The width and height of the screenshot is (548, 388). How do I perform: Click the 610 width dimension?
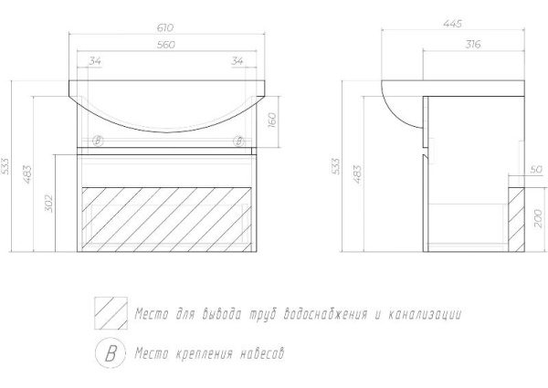point(165,27)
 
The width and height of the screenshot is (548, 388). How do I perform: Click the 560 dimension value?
point(166,45)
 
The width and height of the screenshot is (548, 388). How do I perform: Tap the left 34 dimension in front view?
point(95,61)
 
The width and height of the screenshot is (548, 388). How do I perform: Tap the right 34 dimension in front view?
point(237,61)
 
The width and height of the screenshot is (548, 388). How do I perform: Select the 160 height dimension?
point(272,121)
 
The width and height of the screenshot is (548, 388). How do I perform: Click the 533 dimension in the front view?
point(6,166)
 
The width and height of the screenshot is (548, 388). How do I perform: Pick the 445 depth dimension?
point(453,24)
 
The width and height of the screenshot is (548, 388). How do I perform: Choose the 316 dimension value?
point(473,45)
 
